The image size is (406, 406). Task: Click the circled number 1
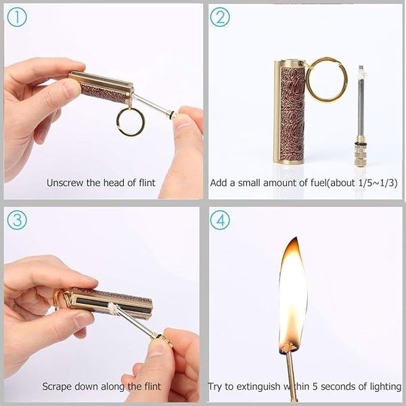pyautogui.click(x=17, y=17)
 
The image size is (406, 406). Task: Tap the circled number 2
pyautogui.click(x=220, y=17)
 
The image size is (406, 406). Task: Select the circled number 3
pyautogui.click(x=17, y=220)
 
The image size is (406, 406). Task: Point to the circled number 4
pyautogui.click(x=220, y=220)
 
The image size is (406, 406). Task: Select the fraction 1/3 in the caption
pyautogui.click(x=388, y=183)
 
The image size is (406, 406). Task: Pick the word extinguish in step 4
pyautogui.click(x=258, y=386)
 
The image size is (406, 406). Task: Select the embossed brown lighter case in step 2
pyautogui.click(x=290, y=112)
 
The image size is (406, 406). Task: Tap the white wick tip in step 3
pyautogui.click(x=112, y=307)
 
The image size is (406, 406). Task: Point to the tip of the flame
pyautogui.click(x=296, y=238)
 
